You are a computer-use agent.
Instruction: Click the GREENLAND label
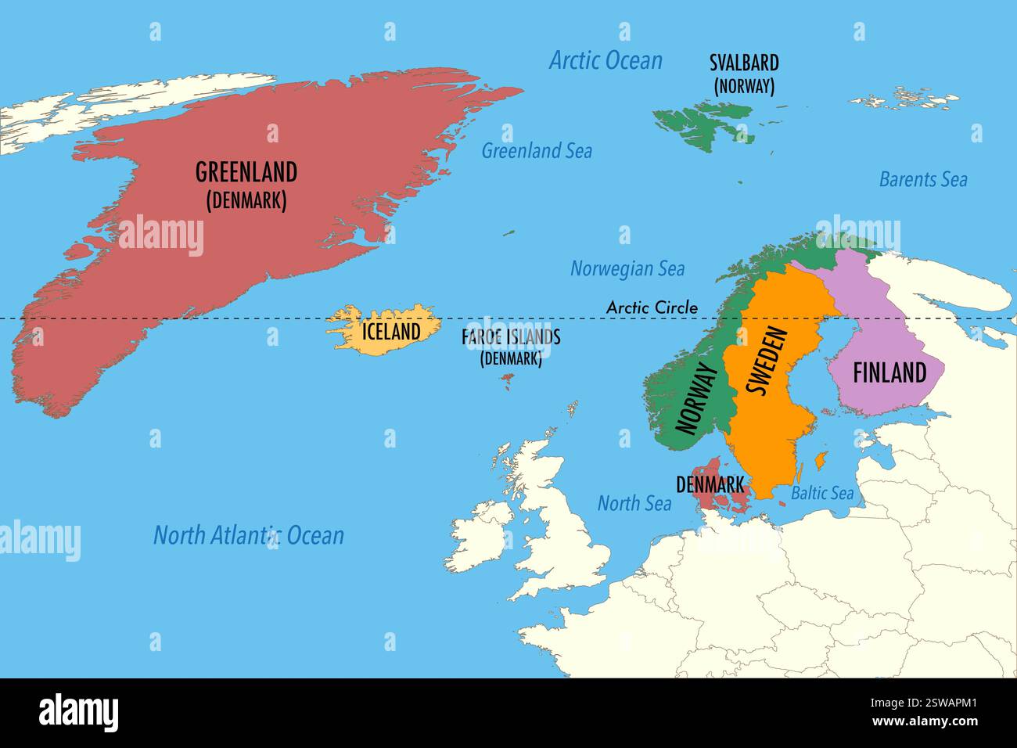click(246, 172)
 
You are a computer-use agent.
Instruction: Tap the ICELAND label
click(390, 332)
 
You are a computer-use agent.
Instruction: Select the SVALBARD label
click(743, 63)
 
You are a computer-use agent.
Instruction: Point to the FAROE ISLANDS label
click(511, 338)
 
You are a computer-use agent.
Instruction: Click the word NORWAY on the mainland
click(696, 398)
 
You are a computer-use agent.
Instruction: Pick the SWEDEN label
click(766, 361)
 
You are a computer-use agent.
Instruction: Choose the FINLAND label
click(889, 373)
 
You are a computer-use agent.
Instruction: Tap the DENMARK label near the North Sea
click(710, 485)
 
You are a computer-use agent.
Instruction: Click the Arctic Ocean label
click(606, 60)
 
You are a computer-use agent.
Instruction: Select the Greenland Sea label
click(536, 151)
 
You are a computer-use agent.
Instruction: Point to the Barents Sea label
click(923, 179)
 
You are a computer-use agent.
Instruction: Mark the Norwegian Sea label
click(627, 269)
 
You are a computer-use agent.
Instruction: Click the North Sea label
click(634, 503)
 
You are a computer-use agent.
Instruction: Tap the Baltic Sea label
click(821, 493)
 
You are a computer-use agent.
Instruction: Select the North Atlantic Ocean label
click(248, 536)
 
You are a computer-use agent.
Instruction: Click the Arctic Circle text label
click(652, 307)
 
